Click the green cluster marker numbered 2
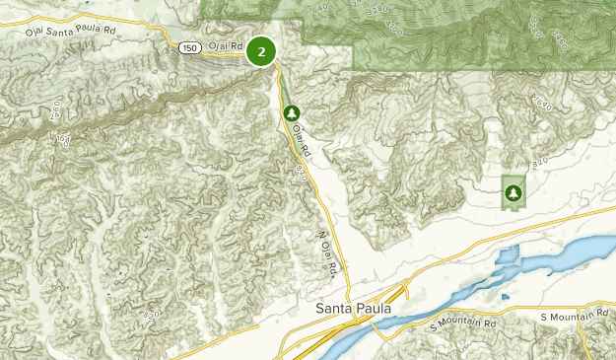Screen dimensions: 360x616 [261, 51]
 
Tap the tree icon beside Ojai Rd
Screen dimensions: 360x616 [291, 114]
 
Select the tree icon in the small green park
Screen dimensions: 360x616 [513, 190]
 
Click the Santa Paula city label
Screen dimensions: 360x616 [354, 309]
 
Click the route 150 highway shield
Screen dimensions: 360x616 [190, 46]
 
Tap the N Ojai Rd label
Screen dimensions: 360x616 [329, 253]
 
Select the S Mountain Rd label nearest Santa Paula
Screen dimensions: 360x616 [462, 324]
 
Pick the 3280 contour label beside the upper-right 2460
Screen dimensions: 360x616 [535, 29]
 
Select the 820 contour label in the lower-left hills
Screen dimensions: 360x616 [151, 314]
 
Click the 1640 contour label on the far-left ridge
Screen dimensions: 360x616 [64, 141]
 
